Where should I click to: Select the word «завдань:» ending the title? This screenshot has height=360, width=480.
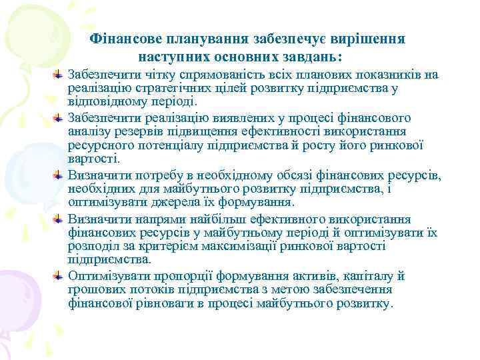(x=326, y=55)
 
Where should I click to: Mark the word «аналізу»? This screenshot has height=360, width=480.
(x=89, y=132)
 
